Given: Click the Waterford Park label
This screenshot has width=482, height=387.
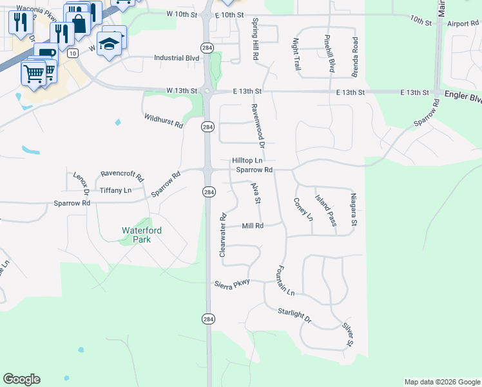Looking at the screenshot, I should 141,234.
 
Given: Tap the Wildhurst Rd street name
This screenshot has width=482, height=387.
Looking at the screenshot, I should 163,120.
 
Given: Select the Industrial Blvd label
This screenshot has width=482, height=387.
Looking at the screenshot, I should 177,58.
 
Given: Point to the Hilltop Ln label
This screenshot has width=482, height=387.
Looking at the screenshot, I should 247,160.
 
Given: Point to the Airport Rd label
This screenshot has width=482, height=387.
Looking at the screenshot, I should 462,23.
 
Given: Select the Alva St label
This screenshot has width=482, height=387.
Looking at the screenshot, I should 255,193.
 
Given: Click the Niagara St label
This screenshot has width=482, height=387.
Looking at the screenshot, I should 353,209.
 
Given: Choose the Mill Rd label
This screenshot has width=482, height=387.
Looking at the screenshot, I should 253,226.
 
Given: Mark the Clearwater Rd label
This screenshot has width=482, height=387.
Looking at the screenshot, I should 223,235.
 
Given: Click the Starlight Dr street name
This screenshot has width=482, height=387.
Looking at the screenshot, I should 294,314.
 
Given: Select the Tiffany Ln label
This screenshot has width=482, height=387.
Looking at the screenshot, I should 115,190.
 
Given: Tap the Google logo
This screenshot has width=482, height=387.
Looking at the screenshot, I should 21,379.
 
